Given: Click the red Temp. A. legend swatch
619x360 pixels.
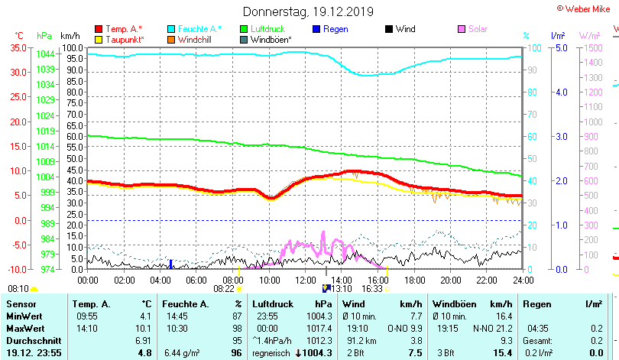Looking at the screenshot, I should pyautogui.click(x=98, y=29).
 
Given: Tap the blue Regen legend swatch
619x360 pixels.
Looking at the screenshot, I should pyautogui.click(x=317, y=29).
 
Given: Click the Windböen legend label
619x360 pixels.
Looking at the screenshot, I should pyautogui.click(x=271, y=39).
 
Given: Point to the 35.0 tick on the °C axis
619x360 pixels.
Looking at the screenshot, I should pyautogui.click(x=18, y=47).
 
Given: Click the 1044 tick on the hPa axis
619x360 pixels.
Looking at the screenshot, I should pyautogui.click(x=45, y=54).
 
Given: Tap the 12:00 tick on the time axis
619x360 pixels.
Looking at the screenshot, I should pyautogui.click(x=306, y=280).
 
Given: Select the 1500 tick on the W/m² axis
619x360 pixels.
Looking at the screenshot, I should pyautogui.click(x=591, y=47).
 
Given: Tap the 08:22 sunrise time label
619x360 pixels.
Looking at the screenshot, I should pyautogui.click(x=223, y=289).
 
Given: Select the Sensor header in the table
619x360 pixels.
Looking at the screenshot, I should pyautogui.click(x=21, y=304).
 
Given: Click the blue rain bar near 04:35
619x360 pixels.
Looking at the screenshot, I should pyautogui.click(x=170, y=264).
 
